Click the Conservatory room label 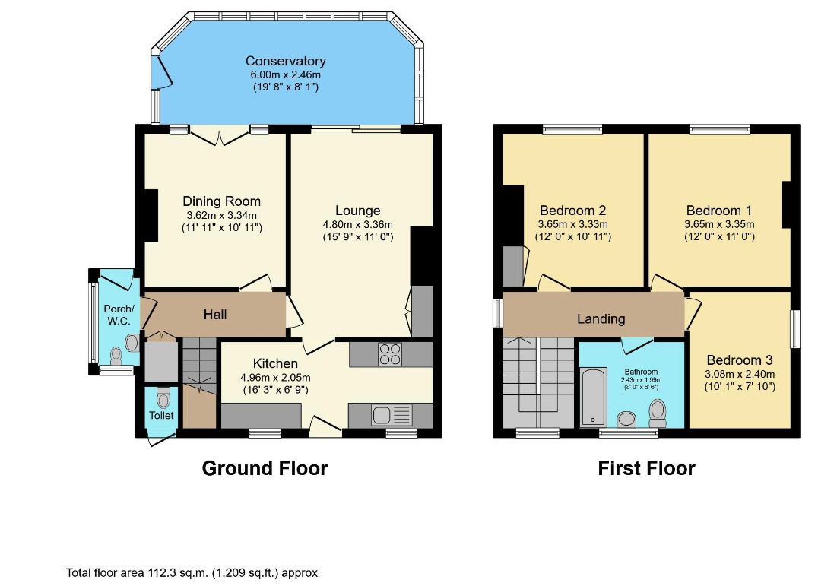(x=286, y=61)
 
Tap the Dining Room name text (x=221, y=201)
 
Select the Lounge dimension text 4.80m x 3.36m (x=357, y=224)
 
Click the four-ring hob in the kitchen (x=390, y=353)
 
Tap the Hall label (x=215, y=315)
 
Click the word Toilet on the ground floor (x=161, y=415)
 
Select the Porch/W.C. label (x=119, y=315)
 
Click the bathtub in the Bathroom (x=594, y=397)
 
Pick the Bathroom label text (x=641, y=372)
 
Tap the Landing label (x=601, y=319)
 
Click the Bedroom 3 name (x=740, y=360)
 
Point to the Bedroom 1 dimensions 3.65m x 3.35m (x=720, y=224)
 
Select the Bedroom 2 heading (x=572, y=211)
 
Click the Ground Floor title (x=265, y=468)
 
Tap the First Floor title (x=646, y=468)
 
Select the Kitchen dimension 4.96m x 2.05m (x=275, y=377)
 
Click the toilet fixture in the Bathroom (x=658, y=413)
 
